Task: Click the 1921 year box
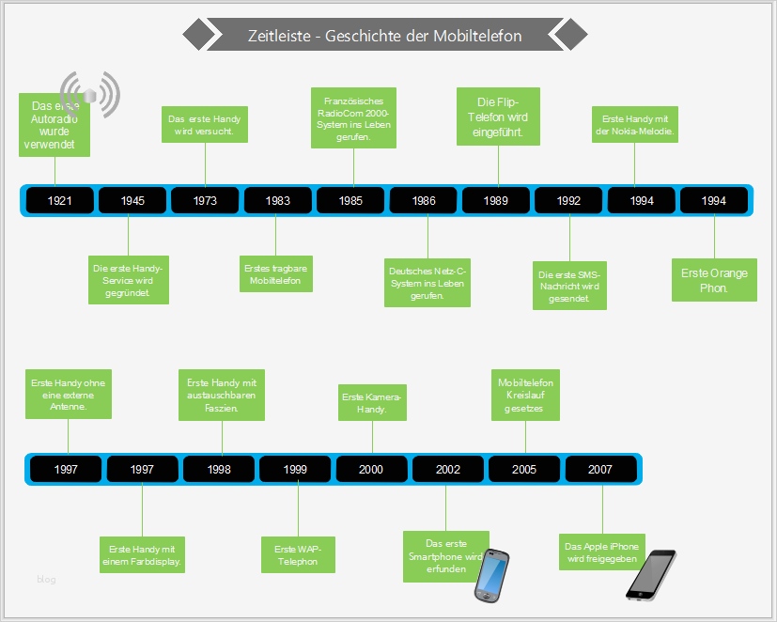pos(59,200)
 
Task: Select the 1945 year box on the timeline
pos(132,200)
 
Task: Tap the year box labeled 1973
pos(205,200)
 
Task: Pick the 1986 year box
pos(424,200)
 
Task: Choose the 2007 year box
pos(600,469)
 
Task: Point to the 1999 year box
pos(295,469)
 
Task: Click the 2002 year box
pos(448,469)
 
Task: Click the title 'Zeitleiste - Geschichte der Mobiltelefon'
pos(384,36)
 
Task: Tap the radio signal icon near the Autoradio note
pos(91,93)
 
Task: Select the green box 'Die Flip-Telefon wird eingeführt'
pos(498,116)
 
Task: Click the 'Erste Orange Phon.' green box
pos(714,279)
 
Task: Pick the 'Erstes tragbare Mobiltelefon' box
pos(275,274)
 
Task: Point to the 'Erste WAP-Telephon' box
pos(298,554)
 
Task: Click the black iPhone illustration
pos(650,574)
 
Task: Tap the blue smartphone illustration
pos(492,575)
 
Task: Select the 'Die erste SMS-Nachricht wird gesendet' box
pos(569,286)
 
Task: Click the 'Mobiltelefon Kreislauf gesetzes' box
pos(525,396)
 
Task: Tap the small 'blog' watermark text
pos(46,580)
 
